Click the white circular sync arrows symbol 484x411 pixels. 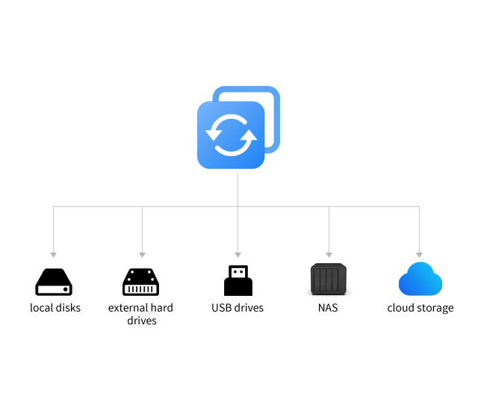pos(231,135)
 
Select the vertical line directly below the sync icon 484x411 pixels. pos(238,190)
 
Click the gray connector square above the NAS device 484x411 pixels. pos(329,255)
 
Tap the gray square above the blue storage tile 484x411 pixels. pos(419,255)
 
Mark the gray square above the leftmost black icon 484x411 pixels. pos(53,255)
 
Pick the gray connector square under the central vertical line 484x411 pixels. pos(238,255)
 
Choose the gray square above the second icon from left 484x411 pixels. pos(142,255)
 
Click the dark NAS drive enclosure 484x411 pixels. pos(328,280)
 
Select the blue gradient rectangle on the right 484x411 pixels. pos(420,279)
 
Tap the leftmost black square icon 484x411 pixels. pos(54,282)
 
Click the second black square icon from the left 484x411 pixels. pos(141,282)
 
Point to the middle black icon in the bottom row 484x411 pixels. pos(238,280)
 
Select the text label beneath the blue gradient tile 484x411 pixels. pos(420,308)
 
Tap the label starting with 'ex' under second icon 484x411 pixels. pos(141,308)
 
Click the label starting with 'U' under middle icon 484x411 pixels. pos(238,308)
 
